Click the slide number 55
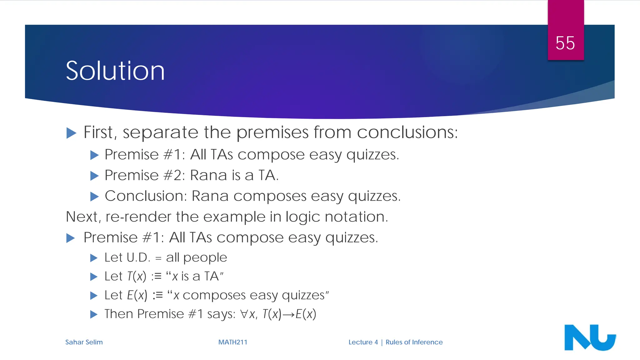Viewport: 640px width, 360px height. [x=565, y=43]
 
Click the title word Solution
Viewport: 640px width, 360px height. [x=115, y=71]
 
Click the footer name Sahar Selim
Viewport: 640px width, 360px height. [x=84, y=342]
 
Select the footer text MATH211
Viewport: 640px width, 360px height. [x=232, y=342]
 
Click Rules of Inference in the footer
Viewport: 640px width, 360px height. [x=414, y=342]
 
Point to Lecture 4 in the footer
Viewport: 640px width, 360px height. [x=363, y=342]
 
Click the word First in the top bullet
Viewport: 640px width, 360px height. [x=98, y=132]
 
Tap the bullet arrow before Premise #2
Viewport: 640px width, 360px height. [x=94, y=176]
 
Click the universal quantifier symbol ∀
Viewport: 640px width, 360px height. [x=244, y=314]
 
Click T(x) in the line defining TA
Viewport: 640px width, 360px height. [x=137, y=276]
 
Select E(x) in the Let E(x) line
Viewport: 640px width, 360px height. [x=137, y=295]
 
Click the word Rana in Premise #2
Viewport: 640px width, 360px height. [x=209, y=175]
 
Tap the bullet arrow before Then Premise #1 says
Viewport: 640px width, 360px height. [x=94, y=314]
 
